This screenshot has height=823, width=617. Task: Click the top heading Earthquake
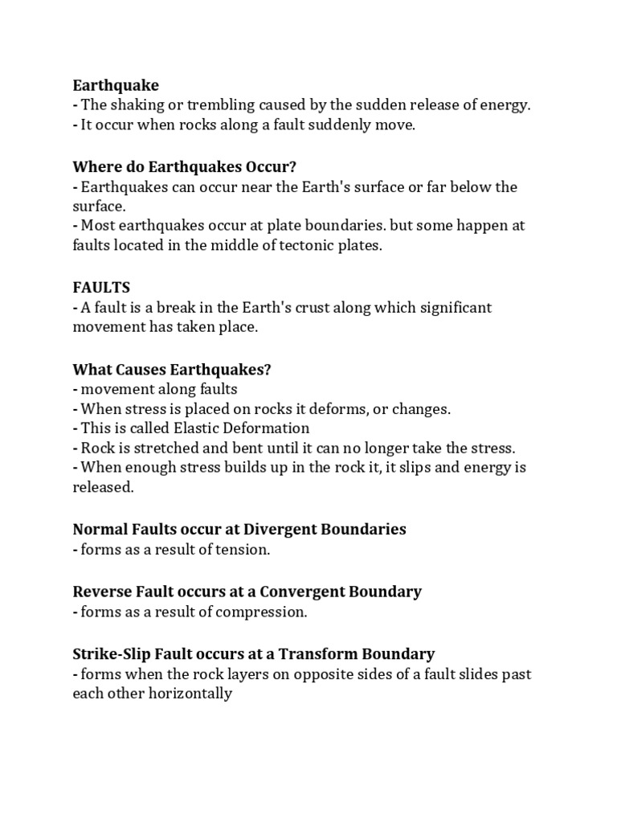click(116, 85)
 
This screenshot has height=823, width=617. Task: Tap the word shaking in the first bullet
click(137, 105)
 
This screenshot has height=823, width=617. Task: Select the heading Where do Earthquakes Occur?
click(185, 167)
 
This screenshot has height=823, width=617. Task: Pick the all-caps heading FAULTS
click(101, 287)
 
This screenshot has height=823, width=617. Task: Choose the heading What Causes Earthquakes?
click(172, 369)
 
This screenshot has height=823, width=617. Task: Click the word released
click(102, 488)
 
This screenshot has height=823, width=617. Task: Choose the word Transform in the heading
click(318, 653)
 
